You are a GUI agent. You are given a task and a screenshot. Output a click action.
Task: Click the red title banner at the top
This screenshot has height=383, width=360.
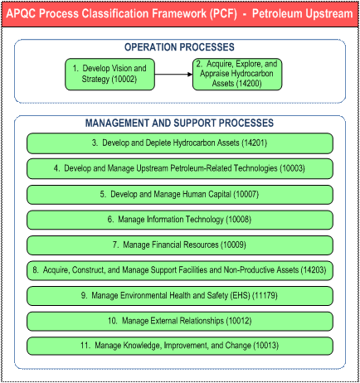pos(180,13)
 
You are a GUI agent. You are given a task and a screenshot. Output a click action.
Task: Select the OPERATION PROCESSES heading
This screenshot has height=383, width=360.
pos(179,47)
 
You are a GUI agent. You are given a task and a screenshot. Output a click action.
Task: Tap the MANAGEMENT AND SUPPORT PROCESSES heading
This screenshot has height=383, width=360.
pos(179,123)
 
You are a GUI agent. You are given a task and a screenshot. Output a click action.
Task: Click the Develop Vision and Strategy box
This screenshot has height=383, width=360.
pos(109,74)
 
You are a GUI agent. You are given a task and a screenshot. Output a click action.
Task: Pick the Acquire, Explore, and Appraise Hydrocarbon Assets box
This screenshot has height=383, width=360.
pos(237,74)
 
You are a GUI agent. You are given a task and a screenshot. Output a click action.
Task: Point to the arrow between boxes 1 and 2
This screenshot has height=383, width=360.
pos(173,74)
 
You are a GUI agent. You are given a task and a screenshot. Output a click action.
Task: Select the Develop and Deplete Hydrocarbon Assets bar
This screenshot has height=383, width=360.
pos(180,143)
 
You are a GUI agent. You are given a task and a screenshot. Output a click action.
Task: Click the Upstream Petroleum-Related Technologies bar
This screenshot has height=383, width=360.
pos(180,168)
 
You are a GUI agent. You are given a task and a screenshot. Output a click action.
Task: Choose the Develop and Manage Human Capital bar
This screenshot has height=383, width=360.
pos(180,194)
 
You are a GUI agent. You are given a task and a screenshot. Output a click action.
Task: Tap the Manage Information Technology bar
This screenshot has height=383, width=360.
pos(180,220)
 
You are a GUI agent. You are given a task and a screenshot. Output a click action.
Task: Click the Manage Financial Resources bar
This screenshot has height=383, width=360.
pos(180,245)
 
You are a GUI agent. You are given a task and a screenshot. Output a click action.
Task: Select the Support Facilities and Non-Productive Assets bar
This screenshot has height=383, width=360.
pos(180,270)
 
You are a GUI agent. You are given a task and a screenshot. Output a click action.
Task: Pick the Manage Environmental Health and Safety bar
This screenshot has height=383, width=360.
pos(180,296)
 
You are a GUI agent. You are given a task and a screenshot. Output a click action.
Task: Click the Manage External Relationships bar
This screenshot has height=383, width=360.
pos(180,321)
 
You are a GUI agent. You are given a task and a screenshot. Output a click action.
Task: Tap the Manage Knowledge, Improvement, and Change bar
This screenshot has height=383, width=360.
pos(180,346)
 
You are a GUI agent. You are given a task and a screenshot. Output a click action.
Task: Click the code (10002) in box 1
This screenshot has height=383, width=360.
pos(124,80)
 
